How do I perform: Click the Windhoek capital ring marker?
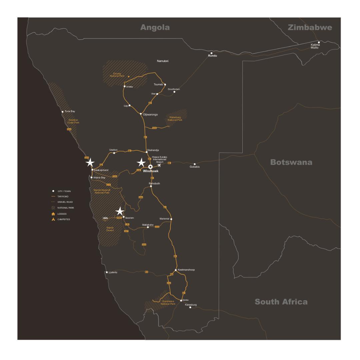(150, 166)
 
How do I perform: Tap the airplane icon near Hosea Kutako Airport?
(159, 165)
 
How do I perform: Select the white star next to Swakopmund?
(90, 163)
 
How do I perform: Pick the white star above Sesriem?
(120, 211)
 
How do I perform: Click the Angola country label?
(155, 28)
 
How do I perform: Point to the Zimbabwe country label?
(310, 28)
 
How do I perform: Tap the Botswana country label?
(291, 162)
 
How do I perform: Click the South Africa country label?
(281, 302)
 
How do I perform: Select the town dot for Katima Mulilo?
(319, 42)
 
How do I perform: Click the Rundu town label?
(212, 56)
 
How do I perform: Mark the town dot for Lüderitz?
(107, 272)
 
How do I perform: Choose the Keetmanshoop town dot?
(176, 270)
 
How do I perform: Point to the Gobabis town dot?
(195, 164)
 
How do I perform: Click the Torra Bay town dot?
(62, 112)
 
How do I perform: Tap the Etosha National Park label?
(117, 75)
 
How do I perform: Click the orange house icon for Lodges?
(53, 214)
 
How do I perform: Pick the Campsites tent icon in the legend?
(53, 219)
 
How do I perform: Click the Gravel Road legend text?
(65, 202)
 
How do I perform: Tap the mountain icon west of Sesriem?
(106, 218)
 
